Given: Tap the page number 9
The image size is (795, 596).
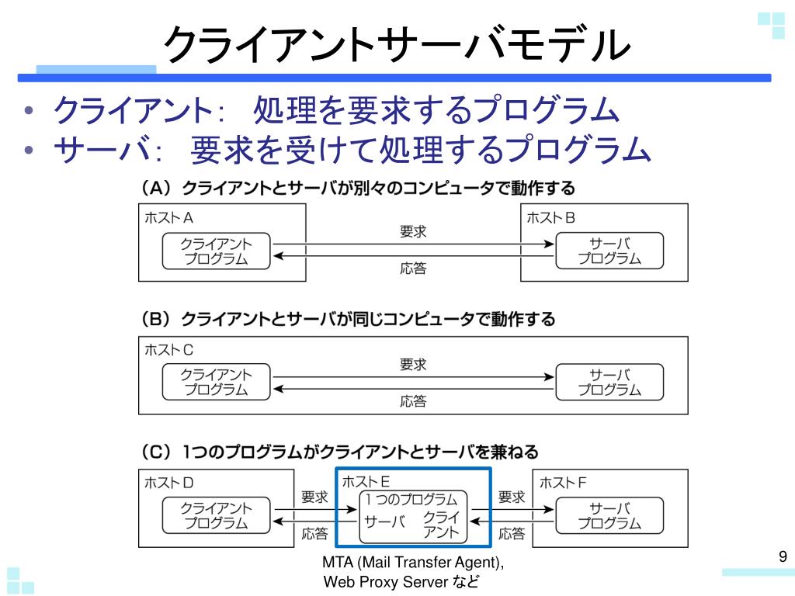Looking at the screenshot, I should coord(783,556).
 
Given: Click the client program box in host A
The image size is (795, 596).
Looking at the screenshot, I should coord(217,251).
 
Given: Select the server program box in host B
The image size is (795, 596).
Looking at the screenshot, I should coord(609,251).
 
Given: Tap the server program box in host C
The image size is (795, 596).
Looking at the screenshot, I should coord(609,383).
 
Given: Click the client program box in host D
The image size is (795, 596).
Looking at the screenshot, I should coord(217,515).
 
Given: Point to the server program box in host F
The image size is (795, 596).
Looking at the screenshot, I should coord(609,515).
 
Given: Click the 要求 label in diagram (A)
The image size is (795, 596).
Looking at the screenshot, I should coord(413,231).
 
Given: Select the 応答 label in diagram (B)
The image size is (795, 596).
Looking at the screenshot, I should coord(413,402).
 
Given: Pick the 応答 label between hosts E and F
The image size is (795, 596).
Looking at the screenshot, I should coord(512,534).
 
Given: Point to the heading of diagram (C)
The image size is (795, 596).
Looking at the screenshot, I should coord(339,452).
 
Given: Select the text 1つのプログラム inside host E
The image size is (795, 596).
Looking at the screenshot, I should coord(411,500).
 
